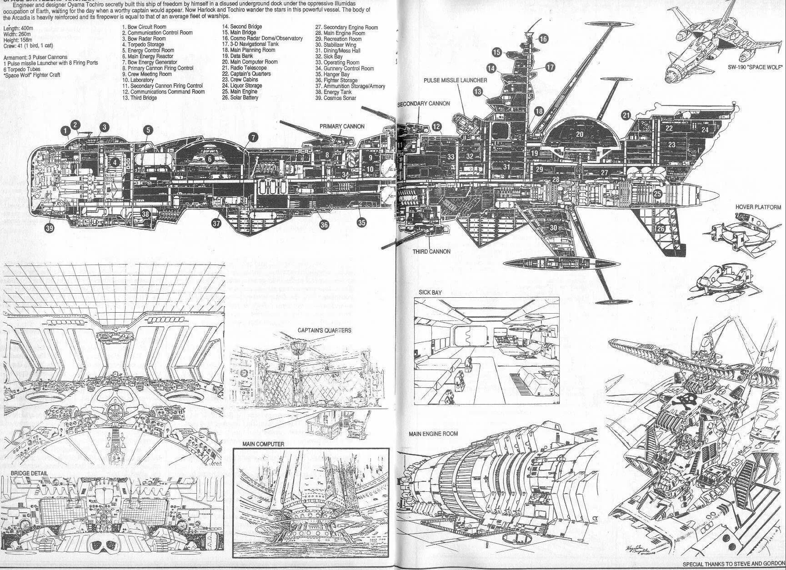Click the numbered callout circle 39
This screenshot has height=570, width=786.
point(49,228)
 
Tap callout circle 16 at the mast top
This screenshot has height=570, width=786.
point(543,39)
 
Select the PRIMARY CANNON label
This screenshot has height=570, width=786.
point(342,126)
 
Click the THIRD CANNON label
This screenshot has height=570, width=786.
point(431,251)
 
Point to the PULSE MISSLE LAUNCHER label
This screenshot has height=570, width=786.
point(455,80)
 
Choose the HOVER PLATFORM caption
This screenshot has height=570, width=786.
point(758,207)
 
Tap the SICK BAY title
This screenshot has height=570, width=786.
point(430,293)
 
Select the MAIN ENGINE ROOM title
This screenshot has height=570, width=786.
point(433,434)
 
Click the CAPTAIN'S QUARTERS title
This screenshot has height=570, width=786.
point(325,330)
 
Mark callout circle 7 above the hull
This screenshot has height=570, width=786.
point(253,137)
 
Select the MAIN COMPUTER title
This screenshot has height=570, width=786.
point(263,444)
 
